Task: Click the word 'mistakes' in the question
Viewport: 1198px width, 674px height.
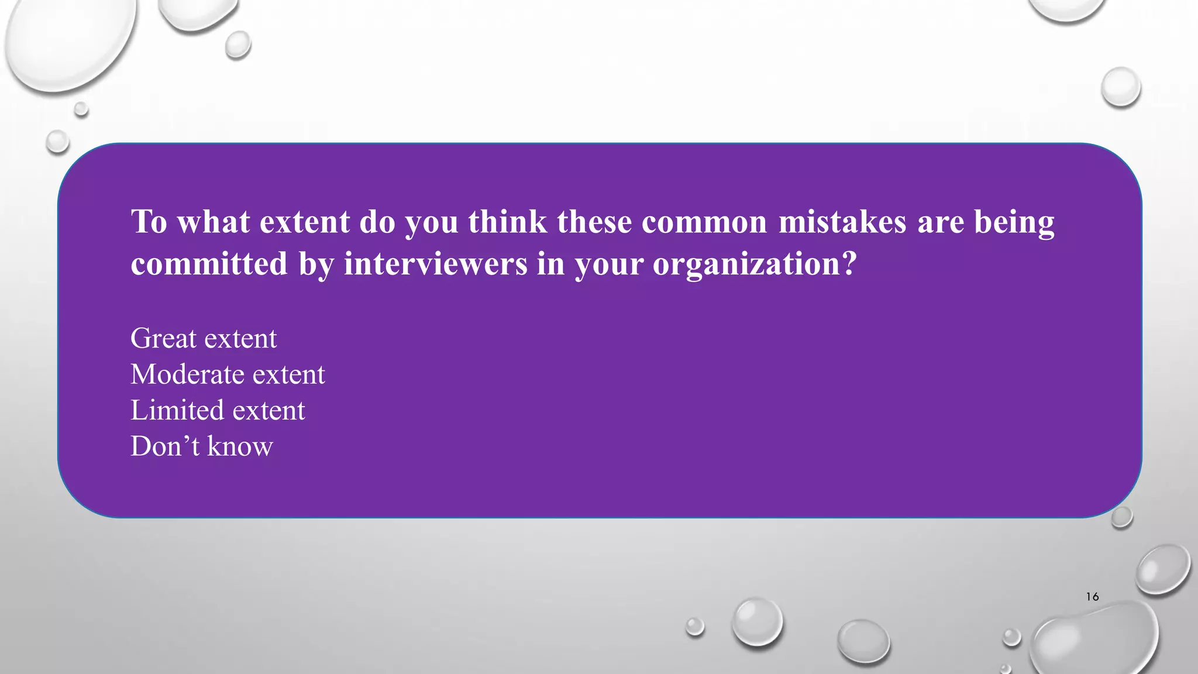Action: coord(842,222)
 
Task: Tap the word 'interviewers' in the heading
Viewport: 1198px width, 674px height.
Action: coord(435,264)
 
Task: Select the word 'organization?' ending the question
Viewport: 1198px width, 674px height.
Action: coord(755,264)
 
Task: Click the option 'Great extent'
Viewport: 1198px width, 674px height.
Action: coord(204,339)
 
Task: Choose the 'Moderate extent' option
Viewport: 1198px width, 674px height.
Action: coord(228,374)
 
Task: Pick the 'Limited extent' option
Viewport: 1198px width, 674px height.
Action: coord(218,411)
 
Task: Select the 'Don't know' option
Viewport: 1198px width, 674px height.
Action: coord(202,447)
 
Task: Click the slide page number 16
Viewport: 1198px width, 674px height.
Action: coord(1092,597)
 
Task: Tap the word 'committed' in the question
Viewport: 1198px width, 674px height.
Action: coord(209,264)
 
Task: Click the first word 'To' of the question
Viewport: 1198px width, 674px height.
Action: coord(149,222)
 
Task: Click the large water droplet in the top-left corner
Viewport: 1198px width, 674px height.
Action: coord(67,41)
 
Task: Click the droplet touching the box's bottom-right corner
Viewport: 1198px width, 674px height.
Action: coord(1121,517)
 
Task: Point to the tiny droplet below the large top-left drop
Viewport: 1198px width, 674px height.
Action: coord(81,109)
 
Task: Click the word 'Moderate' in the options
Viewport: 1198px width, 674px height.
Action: coord(187,374)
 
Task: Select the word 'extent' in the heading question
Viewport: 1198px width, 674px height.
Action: coord(304,222)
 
